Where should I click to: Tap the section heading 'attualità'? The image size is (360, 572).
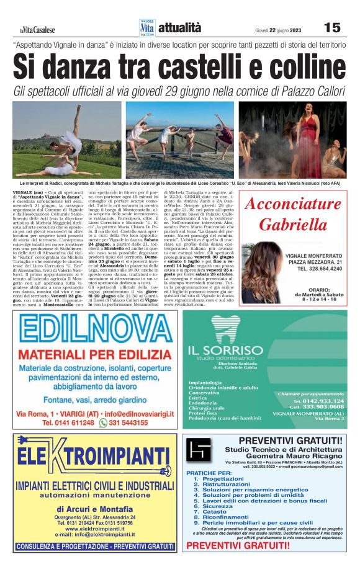(x=180, y=27)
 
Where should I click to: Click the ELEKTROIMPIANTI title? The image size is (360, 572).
(x=95, y=460)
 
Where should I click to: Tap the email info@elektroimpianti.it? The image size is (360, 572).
(x=95, y=534)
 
